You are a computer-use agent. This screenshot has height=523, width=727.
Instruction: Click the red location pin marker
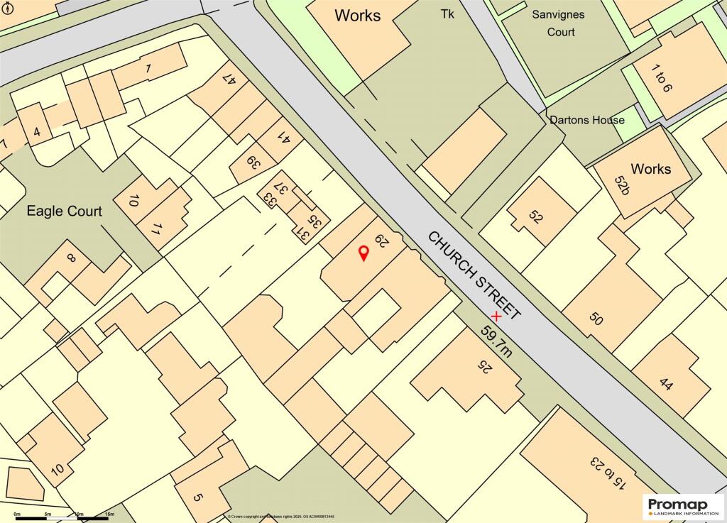tap(363, 253)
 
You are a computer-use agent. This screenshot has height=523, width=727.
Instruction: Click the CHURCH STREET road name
tap(475, 275)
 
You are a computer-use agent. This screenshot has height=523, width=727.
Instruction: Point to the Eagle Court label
tap(65, 211)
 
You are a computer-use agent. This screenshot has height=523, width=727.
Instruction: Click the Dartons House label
tap(587, 120)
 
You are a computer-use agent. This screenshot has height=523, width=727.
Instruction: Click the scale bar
tap(63, 517)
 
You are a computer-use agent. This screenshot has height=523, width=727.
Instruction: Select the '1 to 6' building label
tap(662, 80)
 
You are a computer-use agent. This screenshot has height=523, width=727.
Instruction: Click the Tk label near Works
tap(447, 13)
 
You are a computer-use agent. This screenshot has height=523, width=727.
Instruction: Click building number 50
tap(596, 319)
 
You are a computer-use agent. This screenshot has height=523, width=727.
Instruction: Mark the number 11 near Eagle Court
tap(159, 229)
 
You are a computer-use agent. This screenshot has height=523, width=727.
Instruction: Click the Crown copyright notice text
tap(281, 517)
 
